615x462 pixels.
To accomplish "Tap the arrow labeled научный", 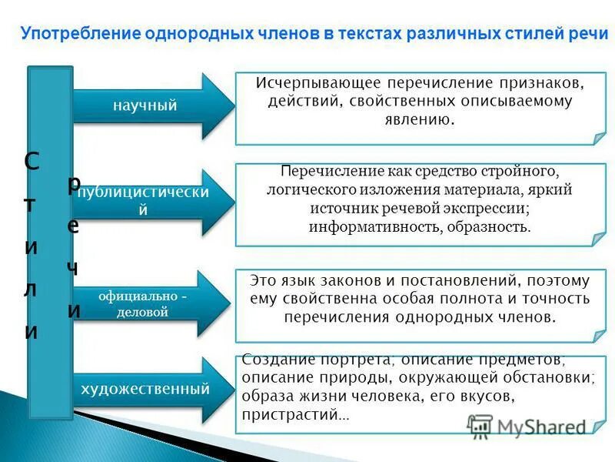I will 150,106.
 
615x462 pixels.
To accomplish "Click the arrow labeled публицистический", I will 150,201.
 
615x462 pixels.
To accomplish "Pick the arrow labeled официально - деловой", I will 150,303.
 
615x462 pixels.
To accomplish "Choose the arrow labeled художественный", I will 150,390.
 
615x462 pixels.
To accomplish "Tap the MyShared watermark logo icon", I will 480,426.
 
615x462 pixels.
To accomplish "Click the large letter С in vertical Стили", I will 32,162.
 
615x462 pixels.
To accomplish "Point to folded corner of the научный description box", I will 599,139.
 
